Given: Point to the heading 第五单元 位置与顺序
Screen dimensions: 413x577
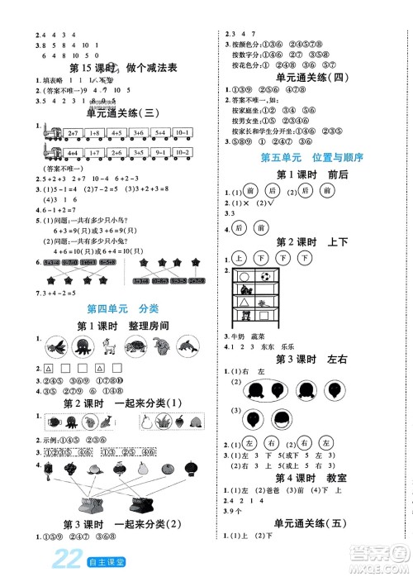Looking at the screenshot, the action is point(311,157).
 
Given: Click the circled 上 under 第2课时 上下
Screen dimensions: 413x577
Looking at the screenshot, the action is point(241,256).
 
